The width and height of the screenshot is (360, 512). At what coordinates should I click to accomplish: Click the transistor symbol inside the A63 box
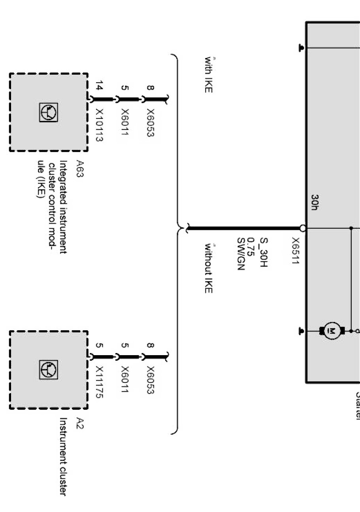(x=49, y=112)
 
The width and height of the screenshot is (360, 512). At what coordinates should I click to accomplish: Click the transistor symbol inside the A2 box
(x=49, y=369)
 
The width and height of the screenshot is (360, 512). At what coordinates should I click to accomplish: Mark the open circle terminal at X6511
(x=303, y=228)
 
